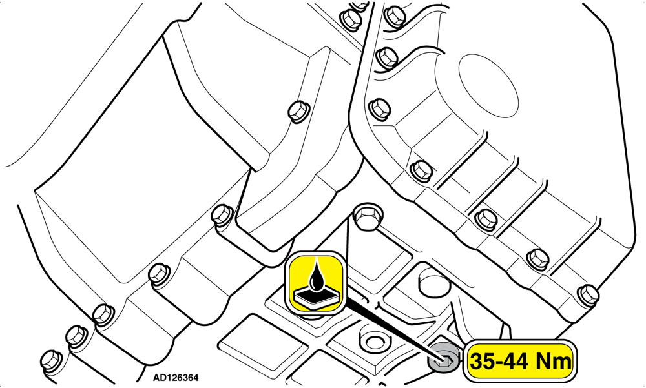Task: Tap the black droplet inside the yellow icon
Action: click(317, 276)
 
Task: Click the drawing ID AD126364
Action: click(176, 377)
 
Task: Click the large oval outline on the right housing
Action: click(488, 86)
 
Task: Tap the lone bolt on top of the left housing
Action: click(298, 111)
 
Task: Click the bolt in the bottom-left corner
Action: click(52, 360)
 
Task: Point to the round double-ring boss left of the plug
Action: click(373, 342)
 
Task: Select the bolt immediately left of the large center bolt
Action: click(222, 215)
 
